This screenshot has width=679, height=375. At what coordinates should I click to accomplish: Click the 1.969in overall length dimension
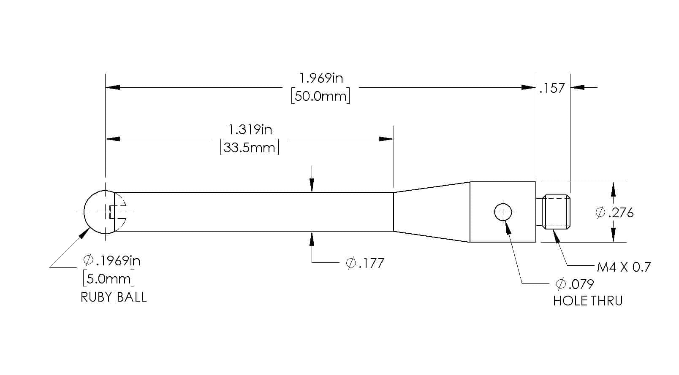tap(321, 78)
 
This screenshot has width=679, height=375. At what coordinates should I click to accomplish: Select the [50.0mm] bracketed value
tap(320, 96)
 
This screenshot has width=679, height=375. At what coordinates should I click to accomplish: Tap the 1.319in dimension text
tap(250, 130)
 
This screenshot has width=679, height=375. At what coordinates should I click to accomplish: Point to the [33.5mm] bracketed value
tap(250, 148)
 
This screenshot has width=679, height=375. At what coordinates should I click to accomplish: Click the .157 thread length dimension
tap(552, 89)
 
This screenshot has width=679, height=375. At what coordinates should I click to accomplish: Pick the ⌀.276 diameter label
tap(614, 213)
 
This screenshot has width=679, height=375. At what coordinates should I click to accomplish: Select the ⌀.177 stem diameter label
tap(365, 263)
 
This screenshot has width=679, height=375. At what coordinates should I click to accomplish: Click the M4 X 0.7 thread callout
tap(624, 267)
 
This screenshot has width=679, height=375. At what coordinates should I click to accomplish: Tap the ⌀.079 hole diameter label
tap(575, 284)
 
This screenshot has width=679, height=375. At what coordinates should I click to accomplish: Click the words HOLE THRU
tap(588, 301)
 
